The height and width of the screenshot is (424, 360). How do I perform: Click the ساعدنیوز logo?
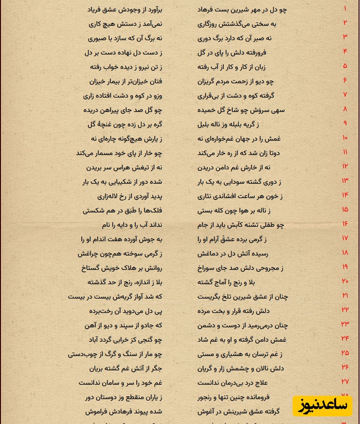pyautogui.click(x=322, y=406)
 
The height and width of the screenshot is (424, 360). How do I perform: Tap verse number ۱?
pyautogui.click(x=345, y=9)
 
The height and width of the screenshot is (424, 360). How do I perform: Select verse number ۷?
pyautogui.click(x=345, y=95)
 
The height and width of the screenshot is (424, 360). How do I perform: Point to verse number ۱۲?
pyautogui.click(x=345, y=167)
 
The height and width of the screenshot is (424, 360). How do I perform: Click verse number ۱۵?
pyautogui.click(x=345, y=210)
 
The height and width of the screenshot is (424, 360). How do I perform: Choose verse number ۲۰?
pyautogui.click(x=345, y=281)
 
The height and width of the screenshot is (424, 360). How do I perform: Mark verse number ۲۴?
pyautogui.click(x=345, y=339)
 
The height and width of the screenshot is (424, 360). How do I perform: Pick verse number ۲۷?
pyautogui.click(x=345, y=382)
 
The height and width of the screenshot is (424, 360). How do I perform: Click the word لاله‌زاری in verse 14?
pyautogui.click(x=110, y=196)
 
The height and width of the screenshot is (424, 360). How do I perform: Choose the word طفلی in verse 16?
pyautogui.click(x=268, y=225)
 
